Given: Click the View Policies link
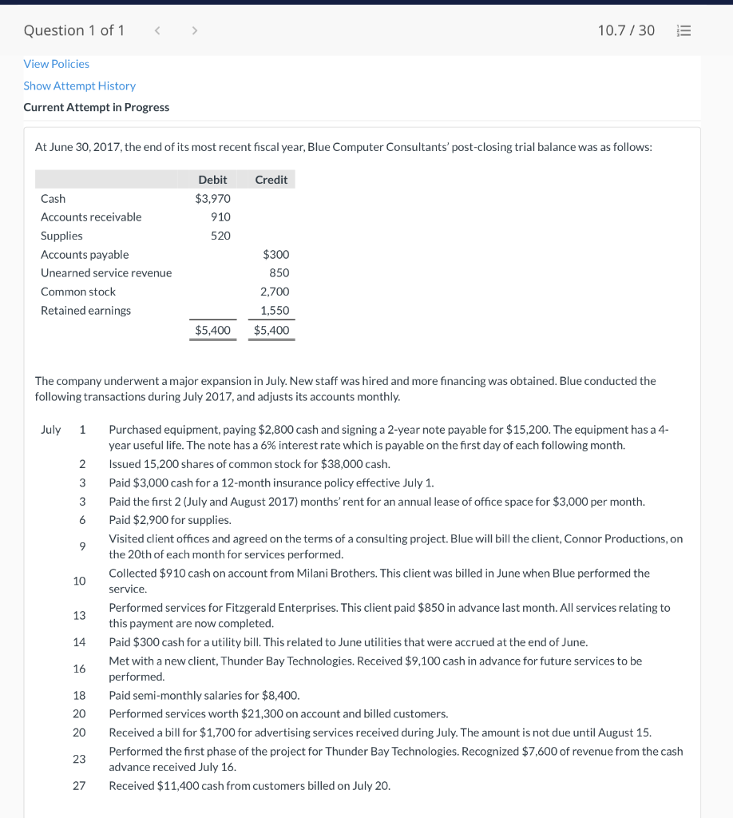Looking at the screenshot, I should coord(56,64).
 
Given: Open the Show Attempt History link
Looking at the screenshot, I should coord(79,85).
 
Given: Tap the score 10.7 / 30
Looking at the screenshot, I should coord(625,30).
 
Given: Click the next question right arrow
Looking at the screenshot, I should coord(193,30).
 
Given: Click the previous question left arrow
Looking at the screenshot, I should coord(157,30).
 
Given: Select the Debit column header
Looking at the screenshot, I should coord(212,180).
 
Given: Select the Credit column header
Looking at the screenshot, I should coord(271,180).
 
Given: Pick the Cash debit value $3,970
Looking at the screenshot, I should coord(212,198).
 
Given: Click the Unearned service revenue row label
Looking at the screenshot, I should coord(106,273).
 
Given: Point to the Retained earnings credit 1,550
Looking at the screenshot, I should coord(275,311).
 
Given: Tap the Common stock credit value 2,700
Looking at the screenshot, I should coord(275,292).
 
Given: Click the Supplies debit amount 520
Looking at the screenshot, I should coord(220,236).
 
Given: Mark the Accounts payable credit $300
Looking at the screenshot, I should coord(275,254).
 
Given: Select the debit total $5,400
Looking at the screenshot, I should coord(212,330).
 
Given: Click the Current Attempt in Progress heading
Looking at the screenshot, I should coord(96,107).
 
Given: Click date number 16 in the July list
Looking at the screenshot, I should coord(79,669).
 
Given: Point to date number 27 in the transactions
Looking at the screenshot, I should coord(79,786).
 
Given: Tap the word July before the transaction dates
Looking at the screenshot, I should coord(50,430).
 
